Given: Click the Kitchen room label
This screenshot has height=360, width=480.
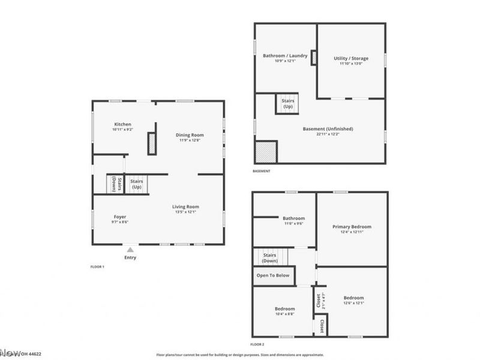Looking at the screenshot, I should pyautogui.click(x=122, y=125).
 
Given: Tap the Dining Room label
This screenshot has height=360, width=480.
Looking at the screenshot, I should pyautogui.click(x=190, y=136).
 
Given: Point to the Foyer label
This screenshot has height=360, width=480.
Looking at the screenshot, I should pyautogui.click(x=120, y=217).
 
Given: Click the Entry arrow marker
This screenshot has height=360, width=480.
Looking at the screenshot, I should pyautogui.click(x=130, y=247).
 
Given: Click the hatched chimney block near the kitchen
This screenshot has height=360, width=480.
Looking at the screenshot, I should pyautogui.click(x=152, y=144).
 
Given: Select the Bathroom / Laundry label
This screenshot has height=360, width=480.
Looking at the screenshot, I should pyautogui.click(x=285, y=56).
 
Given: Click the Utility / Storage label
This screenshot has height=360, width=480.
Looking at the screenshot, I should pyautogui.click(x=351, y=59).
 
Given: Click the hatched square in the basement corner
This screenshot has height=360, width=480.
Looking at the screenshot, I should pyautogui.click(x=266, y=152).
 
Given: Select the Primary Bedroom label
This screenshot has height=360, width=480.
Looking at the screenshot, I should pyautogui.click(x=352, y=227).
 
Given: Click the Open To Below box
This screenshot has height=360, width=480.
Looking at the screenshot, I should pyautogui.click(x=273, y=275).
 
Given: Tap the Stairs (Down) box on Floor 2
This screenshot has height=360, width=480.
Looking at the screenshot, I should pyautogui.click(x=270, y=257).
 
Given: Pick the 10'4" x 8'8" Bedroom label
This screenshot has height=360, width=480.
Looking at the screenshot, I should pyautogui.click(x=285, y=309).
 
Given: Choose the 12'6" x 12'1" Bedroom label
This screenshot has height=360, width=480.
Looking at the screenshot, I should pyautogui.click(x=353, y=298).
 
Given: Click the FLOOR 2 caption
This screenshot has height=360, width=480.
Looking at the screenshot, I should pyautogui.click(x=257, y=344).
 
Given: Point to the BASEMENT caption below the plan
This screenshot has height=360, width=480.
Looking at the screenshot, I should pyautogui.click(x=262, y=171).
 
